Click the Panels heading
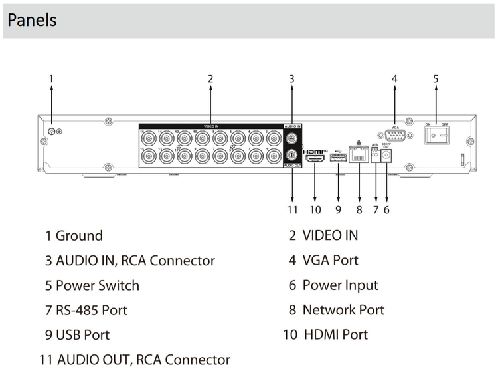pos(32,20)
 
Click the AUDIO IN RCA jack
pos(291,139)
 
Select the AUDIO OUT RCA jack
pos(291,155)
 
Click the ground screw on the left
pos(51,131)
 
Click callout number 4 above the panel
pos(394,78)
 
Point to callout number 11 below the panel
pos(293,209)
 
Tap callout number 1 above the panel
pos(51,78)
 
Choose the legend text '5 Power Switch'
pos(92,286)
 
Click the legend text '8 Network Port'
pos(336,310)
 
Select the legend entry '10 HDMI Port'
pos(325,334)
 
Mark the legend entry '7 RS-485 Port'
pos(86,310)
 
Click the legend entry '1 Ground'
pos(74,236)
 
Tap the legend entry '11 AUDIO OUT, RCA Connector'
pos(135,360)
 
